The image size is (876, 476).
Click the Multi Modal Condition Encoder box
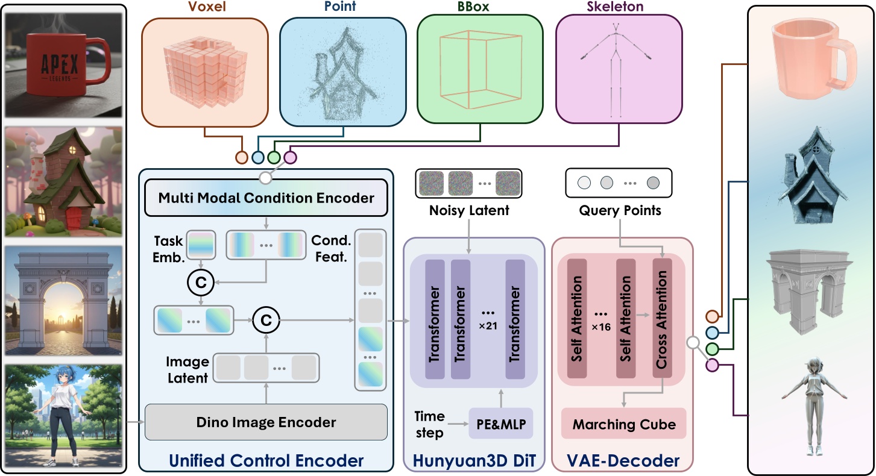tap(266, 198)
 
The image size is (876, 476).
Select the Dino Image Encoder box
tap(266, 422)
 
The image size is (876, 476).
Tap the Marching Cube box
tap(623, 425)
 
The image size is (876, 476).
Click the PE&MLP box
tap(500, 424)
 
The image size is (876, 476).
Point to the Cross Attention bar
tap(661, 320)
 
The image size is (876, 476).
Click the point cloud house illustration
tap(338, 77)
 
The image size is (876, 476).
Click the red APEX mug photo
tap(64, 62)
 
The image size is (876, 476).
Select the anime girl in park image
tap(64, 416)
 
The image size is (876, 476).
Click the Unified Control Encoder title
tap(266, 461)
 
